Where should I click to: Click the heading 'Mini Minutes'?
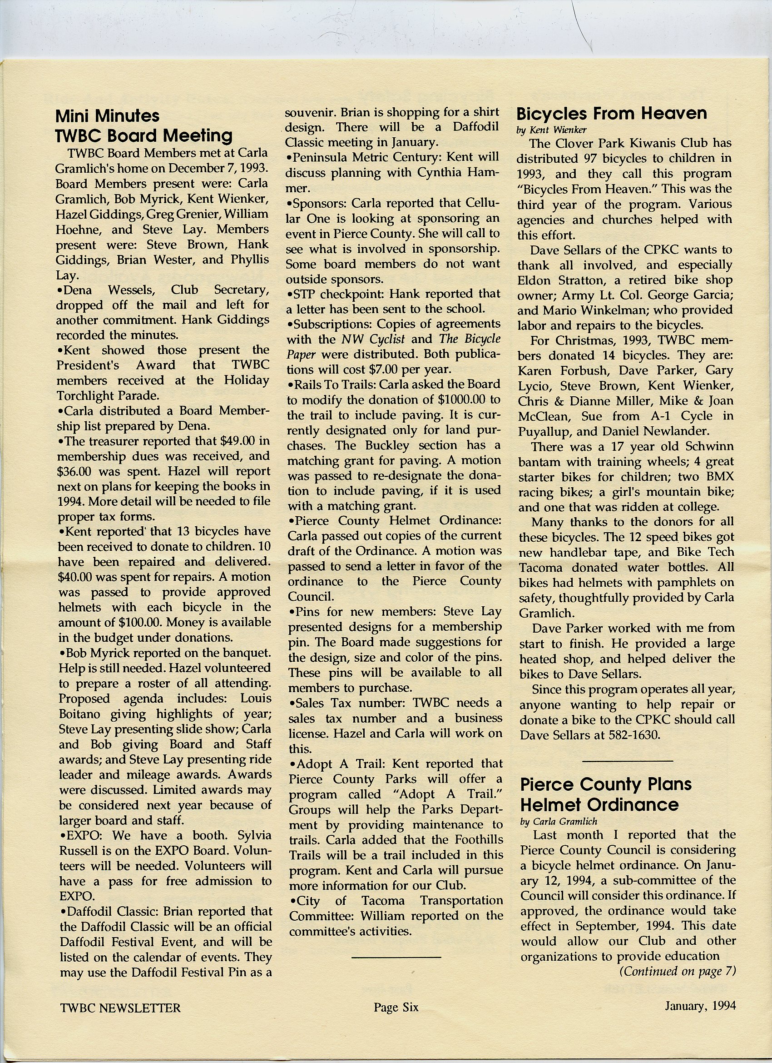tap(107, 116)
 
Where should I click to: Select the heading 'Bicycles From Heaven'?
tap(611, 114)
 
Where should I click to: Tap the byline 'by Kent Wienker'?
tap(551, 130)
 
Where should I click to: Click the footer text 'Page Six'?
tap(396, 1007)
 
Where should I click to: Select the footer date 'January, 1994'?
tap(700, 1005)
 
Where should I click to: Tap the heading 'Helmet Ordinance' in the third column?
tap(599, 805)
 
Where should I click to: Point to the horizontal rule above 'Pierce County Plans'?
tap(627, 760)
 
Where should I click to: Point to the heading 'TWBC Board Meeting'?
tap(144, 135)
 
